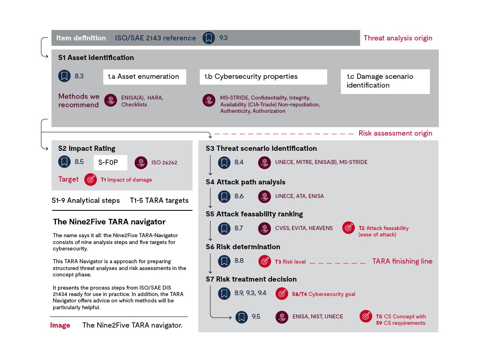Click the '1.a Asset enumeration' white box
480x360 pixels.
click(144, 77)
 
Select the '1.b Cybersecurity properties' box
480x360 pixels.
click(263, 77)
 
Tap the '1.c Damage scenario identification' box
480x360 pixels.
click(385, 81)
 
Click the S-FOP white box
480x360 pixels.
click(110, 162)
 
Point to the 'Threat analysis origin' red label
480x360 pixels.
click(398, 38)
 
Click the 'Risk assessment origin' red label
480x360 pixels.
click(395, 133)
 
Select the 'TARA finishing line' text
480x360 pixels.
click(402, 261)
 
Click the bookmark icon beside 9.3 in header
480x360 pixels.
click(208, 38)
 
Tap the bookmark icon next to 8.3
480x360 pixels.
click(64, 76)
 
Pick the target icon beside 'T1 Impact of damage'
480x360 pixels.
click(90, 180)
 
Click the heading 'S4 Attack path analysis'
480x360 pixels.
click(245, 182)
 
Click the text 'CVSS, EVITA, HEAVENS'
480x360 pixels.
click(304, 228)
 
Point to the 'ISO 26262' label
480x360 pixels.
click(164, 162)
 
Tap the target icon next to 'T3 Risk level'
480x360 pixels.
click(264, 262)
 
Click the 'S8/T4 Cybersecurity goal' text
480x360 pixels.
click(323, 294)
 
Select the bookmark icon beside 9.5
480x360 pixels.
click(241, 317)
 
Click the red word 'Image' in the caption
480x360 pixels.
click(60, 325)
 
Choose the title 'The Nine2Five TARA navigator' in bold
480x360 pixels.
click(109, 222)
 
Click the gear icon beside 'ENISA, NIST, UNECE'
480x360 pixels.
click(282, 317)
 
